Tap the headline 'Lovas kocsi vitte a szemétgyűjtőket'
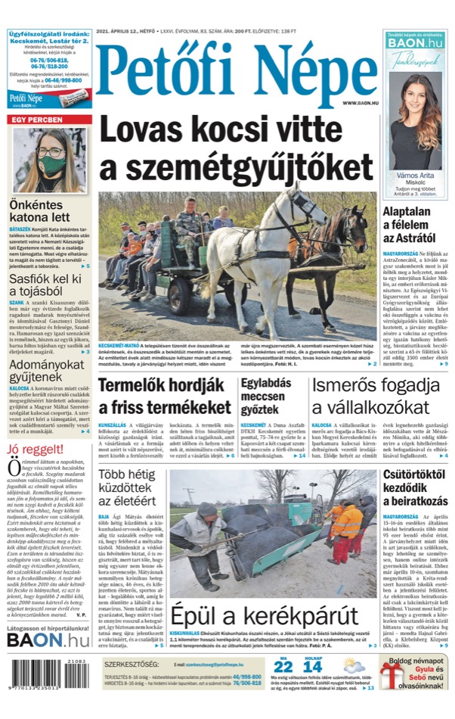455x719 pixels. coord(236,147)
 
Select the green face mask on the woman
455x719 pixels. coord(51,163)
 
